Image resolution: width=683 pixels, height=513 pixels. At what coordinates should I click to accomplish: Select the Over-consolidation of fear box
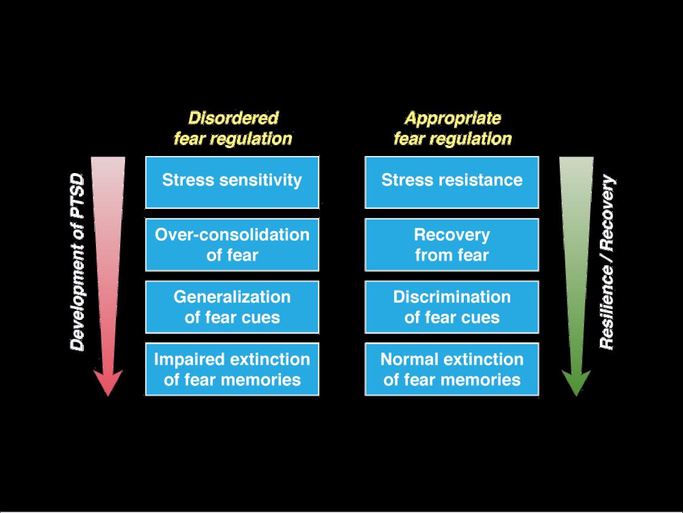tap(232, 245)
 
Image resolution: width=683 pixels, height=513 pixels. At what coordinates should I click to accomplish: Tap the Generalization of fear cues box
tap(232, 307)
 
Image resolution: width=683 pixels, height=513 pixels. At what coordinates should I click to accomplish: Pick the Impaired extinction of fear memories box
tap(232, 369)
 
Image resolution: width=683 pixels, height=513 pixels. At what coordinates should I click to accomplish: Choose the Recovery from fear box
tap(452, 245)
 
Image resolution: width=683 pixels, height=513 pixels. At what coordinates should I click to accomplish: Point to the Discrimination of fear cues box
tap(452, 307)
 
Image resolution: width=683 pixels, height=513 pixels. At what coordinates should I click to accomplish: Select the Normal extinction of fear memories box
tap(452, 369)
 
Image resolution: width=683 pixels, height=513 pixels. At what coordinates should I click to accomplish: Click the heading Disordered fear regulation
tap(233, 127)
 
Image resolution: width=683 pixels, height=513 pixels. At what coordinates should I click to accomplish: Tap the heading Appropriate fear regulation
tap(452, 127)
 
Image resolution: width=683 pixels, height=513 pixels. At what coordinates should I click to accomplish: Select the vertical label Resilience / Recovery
tap(607, 262)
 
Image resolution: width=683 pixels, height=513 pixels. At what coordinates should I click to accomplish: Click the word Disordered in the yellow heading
tap(233, 117)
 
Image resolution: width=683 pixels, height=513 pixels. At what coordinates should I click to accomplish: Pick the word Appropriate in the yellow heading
tap(453, 117)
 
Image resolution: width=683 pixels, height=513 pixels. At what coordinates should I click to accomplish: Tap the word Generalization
tap(232, 297)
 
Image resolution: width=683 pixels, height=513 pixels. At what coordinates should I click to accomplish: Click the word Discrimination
tap(452, 297)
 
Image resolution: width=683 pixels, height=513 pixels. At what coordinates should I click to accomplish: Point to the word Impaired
tap(180, 359)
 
